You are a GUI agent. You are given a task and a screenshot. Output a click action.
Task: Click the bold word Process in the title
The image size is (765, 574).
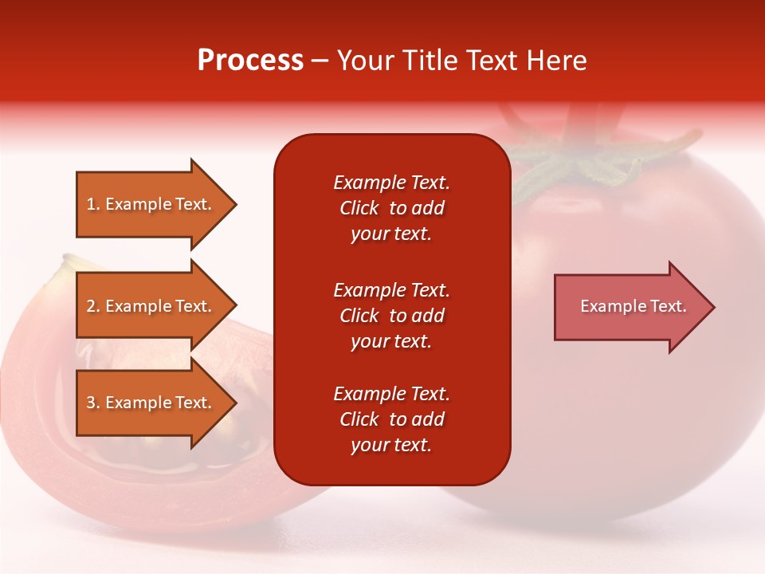click(x=250, y=61)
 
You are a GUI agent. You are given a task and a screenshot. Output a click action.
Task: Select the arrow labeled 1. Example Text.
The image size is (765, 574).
click(x=155, y=204)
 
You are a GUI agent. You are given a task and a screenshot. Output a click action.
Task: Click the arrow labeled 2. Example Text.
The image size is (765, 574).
click(x=155, y=306)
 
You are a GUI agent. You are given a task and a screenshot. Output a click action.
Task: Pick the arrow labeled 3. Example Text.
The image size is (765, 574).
click(x=155, y=403)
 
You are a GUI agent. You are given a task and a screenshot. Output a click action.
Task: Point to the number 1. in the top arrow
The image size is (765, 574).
click(x=93, y=204)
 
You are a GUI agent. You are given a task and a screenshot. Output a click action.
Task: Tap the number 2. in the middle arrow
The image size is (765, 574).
click(x=93, y=306)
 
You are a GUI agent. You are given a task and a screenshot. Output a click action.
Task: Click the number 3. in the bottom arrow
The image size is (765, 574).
click(x=93, y=403)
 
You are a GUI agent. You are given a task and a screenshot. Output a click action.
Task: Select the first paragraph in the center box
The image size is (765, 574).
click(x=391, y=208)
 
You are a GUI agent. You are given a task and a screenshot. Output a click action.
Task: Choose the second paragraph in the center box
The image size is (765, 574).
click(x=391, y=316)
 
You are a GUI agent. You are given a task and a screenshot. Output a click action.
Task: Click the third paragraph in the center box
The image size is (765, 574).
click(x=391, y=419)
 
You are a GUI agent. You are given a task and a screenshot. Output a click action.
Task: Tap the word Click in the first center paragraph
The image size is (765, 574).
click(x=359, y=208)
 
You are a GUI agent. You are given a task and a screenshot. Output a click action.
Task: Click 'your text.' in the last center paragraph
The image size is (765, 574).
click(x=391, y=445)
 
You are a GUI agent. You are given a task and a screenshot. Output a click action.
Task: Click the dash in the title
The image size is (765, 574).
click(x=320, y=61)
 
